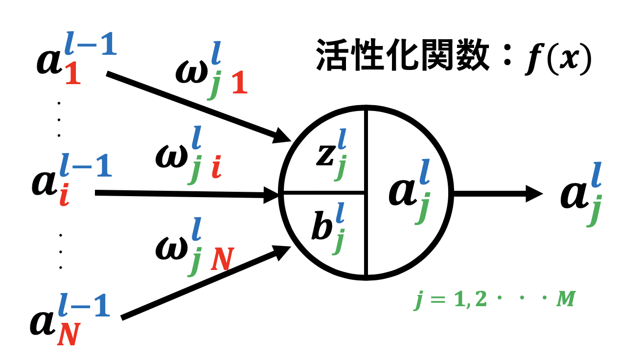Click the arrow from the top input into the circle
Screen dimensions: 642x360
coord(196,105)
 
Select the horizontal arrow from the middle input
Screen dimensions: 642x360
coord(186,195)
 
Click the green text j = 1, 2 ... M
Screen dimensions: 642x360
coord(492,300)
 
